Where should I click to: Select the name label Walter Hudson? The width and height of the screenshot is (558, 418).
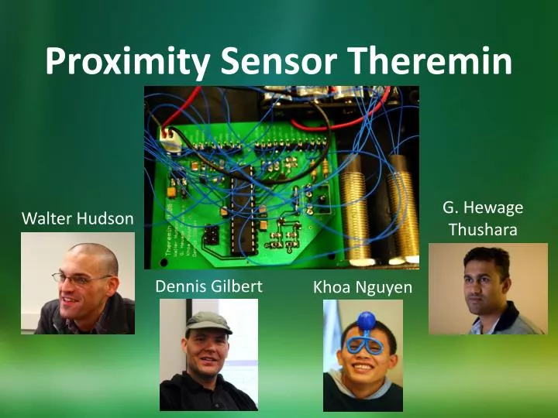point(77,219)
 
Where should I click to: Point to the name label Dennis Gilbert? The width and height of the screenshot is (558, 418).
point(208,286)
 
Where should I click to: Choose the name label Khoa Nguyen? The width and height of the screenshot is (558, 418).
point(363,288)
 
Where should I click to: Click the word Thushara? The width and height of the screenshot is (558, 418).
point(483,230)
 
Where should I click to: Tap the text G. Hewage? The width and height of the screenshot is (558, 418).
point(483,207)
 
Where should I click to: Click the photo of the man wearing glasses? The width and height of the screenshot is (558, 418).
point(77,283)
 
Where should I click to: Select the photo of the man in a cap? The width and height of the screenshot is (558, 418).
point(208,355)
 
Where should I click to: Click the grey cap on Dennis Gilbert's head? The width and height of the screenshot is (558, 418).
point(207,320)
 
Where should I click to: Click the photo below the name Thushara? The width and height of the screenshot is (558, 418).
point(488,289)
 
